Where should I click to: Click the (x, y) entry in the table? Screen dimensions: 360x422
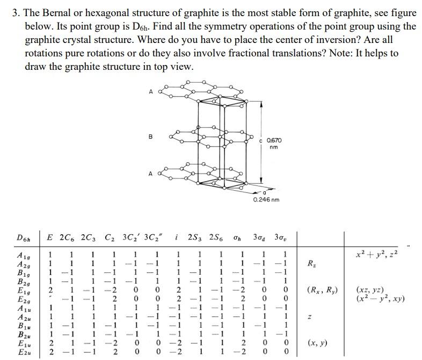pos(317,342)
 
